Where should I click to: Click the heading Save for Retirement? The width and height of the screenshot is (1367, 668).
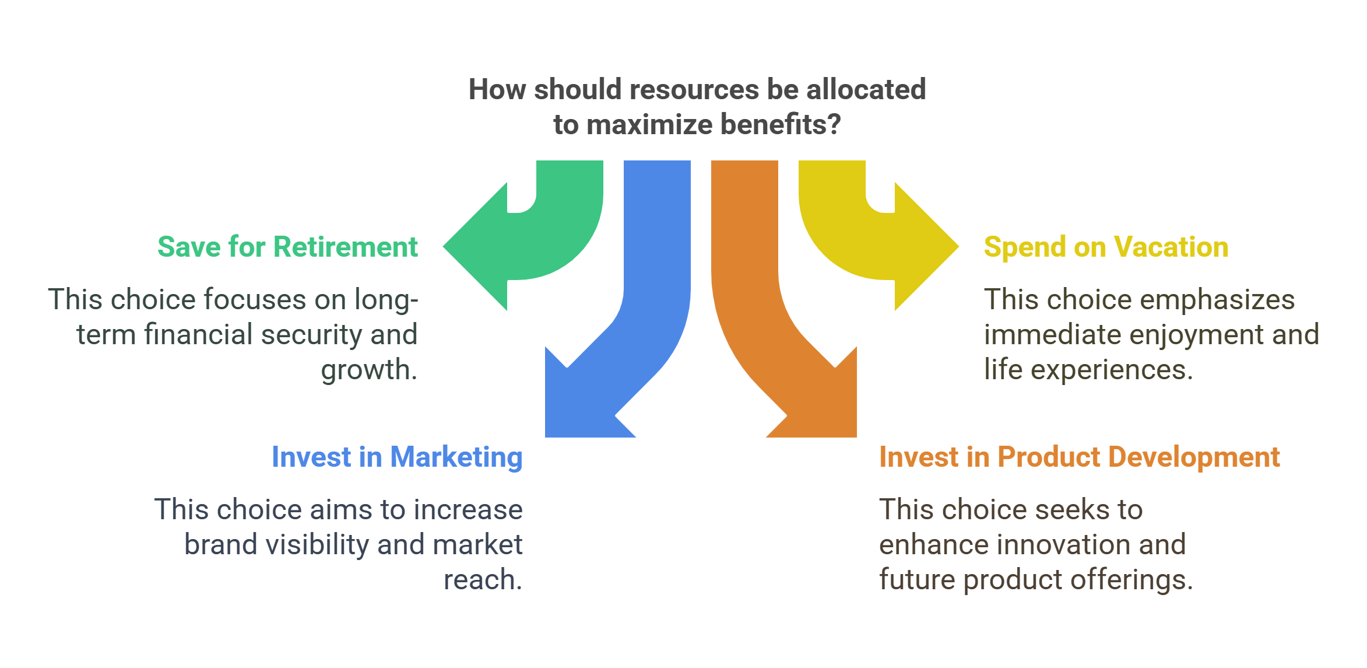(x=287, y=247)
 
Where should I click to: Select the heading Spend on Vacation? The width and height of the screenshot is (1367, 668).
(x=1106, y=247)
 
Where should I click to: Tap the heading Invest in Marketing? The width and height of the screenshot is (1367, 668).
(x=397, y=457)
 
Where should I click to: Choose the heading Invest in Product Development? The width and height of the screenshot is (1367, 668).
(x=1079, y=457)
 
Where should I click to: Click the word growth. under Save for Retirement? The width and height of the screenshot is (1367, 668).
(x=369, y=370)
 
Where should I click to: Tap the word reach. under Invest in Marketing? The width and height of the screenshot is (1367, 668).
(x=483, y=580)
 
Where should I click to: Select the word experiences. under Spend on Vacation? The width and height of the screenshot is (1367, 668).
(x=1112, y=370)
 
